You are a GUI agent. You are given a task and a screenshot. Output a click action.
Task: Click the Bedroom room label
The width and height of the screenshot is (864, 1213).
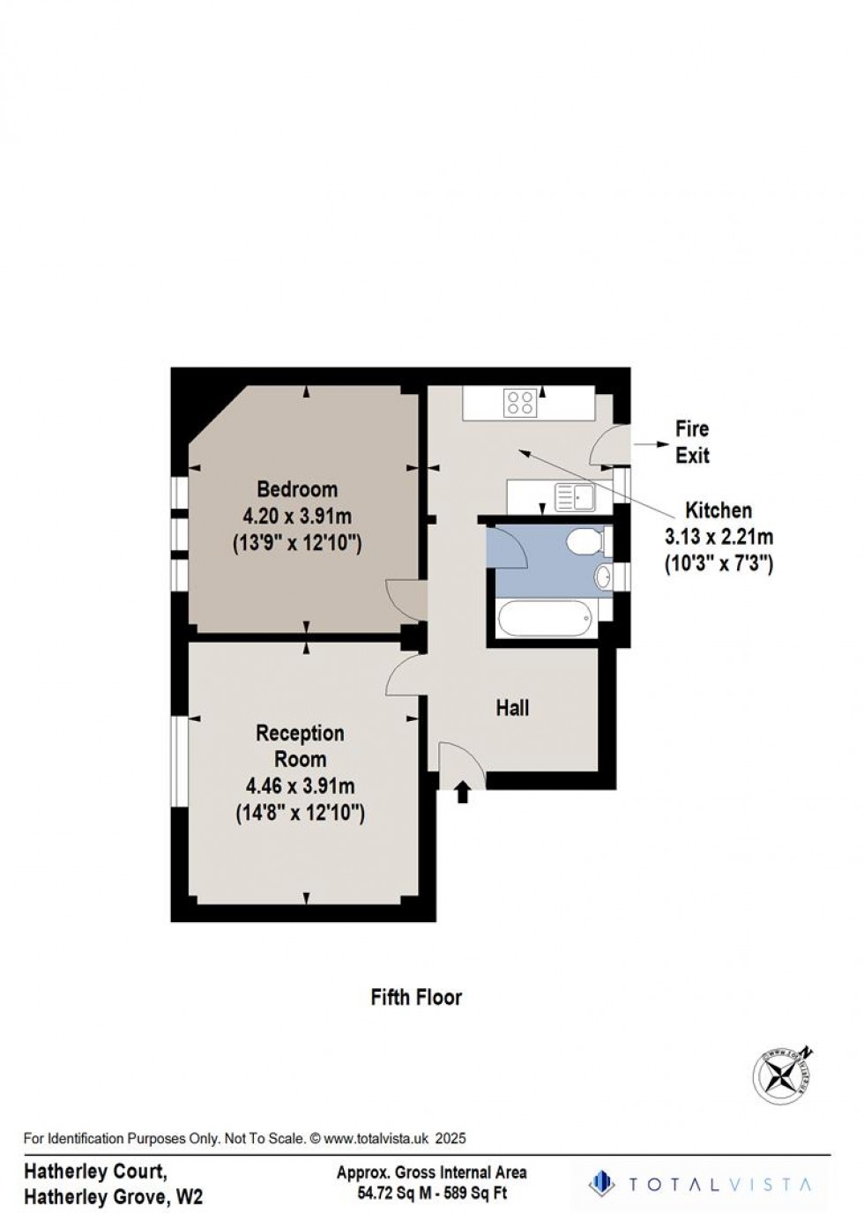pyautogui.click(x=297, y=488)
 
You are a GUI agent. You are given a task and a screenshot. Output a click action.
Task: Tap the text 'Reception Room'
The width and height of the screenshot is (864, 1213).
pyautogui.click(x=300, y=746)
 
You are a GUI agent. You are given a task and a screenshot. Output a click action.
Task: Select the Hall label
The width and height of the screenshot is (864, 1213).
pyautogui.click(x=512, y=708)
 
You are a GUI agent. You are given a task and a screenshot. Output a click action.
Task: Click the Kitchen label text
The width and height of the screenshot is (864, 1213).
pyautogui.click(x=719, y=510)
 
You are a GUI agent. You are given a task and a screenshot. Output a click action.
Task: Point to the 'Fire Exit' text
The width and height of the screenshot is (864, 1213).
pyautogui.click(x=692, y=443)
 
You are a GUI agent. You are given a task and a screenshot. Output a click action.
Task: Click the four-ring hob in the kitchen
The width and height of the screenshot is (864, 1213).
pyautogui.click(x=520, y=403)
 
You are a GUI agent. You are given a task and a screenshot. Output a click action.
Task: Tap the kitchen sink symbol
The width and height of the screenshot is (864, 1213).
pyautogui.click(x=575, y=497)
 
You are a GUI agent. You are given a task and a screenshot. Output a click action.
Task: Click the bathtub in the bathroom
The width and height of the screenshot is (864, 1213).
pyautogui.click(x=544, y=620)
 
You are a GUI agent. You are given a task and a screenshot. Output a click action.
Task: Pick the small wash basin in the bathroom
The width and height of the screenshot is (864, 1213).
pyautogui.click(x=602, y=577)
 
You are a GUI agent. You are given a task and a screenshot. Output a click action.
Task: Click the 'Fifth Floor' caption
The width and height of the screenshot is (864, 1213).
pyautogui.click(x=416, y=997)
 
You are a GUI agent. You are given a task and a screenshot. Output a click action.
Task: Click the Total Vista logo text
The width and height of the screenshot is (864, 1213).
pyautogui.click(x=714, y=1184)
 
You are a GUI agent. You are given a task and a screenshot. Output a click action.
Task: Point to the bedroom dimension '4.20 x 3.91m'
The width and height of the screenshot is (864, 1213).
pyautogui.click(x=297, y=517)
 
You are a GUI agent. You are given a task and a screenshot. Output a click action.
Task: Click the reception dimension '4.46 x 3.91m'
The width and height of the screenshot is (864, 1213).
pyautogui.click(x=300, y=785)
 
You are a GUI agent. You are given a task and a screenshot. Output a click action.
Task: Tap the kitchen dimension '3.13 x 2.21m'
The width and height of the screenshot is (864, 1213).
pyautogui.click(x=719, y=537)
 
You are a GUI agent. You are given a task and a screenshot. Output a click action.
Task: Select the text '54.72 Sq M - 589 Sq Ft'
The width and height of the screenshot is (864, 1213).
pyautogui.click(x=431, y=1194)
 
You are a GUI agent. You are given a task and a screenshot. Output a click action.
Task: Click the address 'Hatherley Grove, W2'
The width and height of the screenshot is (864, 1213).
pyautogui.click(x=114, y=1197)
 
